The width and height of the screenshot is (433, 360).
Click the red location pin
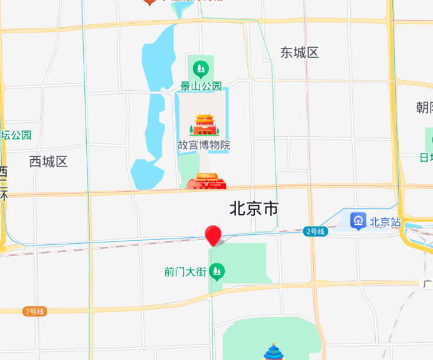tap(213, 234)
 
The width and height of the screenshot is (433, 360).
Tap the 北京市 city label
tap(254, 209)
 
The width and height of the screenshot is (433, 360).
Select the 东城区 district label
tap(300, 53)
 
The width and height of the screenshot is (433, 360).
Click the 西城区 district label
tap(48, 161)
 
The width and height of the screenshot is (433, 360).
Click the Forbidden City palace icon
tap(204, 125)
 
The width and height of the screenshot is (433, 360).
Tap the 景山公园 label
tap(201, 86)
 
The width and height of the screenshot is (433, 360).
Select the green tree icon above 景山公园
tap(201, 70)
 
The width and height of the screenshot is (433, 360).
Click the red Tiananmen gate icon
tap(206, 181)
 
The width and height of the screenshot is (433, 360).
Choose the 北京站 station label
tap(385, 222)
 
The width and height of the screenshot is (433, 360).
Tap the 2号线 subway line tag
tap(316, 231)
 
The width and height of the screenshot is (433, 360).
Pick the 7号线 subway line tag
tap(35, 311)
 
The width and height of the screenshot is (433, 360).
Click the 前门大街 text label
tap(185, 272)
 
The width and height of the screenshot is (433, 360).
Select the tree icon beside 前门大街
tap(218, 271)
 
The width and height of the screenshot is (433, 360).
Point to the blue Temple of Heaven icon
tap(273, 352)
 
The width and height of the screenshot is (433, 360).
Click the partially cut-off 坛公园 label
tap(16, 135)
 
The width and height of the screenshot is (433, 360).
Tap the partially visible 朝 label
tap(424, 108)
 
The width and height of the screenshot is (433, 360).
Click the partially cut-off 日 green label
tap(426, 158)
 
